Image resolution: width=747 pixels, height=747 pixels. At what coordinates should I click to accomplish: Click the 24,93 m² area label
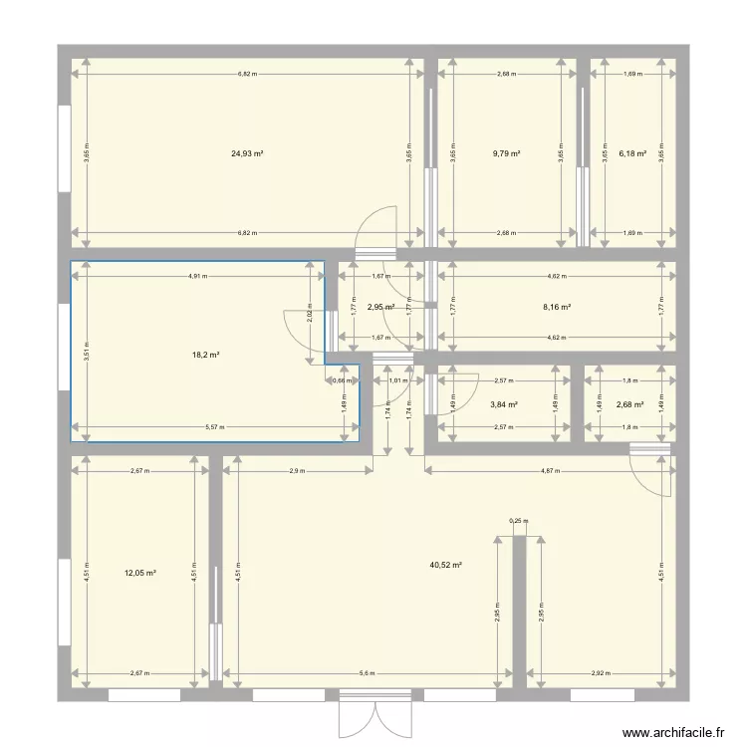[247, 154]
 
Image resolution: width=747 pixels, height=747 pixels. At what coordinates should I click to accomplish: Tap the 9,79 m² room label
[507, 154]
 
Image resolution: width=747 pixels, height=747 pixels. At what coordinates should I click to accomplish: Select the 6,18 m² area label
[632, 154]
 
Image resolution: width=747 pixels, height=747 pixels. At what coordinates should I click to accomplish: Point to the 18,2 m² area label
[206, 355]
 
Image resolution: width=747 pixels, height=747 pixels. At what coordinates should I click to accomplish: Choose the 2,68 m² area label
[630, 405]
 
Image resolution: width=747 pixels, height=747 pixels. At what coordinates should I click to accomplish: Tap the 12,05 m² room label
[139, 574]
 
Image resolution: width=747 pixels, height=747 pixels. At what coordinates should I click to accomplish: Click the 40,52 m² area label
[445, 565]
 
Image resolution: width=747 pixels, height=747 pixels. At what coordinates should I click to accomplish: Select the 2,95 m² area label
[380, 308]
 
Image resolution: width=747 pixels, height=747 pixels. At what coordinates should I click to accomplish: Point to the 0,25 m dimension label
[518, 521]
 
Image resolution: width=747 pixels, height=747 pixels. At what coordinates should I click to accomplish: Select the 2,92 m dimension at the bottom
[600, 673]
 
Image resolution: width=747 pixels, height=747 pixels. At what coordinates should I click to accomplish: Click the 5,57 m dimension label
[214, 428]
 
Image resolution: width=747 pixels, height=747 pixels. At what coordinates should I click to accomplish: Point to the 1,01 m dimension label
[398, 379]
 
